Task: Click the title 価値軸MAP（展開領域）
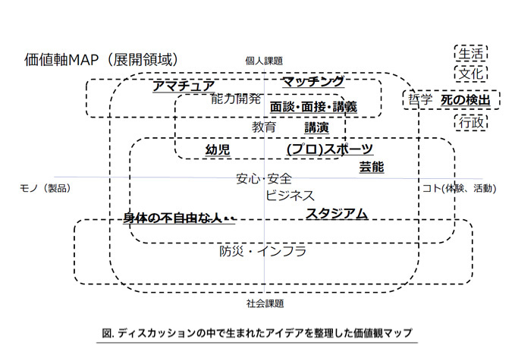coord(102,60)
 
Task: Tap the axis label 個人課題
coord(264,61)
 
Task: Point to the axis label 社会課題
coord(265,303)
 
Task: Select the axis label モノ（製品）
coord(45,188)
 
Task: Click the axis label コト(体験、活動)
coord(459,188)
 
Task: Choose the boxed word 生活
coord(471,54)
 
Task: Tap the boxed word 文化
coord(471,74)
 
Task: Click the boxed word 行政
coord(471,123)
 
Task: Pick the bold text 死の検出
coord(466,100)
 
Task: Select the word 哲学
coord(420,99)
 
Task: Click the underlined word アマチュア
coord(184,86)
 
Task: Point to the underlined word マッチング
coord(313,81)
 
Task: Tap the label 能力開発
coord(236,99)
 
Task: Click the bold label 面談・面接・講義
coord(313,107)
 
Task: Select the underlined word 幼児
coord(218,150)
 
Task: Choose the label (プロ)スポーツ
coord(330,149)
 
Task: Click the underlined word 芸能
coord(372,167)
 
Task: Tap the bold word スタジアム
coord(337,214)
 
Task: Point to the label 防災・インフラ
coord(262,251)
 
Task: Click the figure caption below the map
coord(257,333)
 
